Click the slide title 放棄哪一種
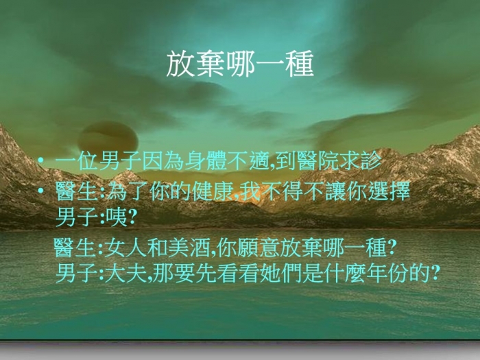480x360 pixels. tap(240, 64)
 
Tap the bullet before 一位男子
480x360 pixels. tap(40, 160)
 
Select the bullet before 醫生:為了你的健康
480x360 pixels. tap(40, 191)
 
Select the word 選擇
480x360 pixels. tap(389, 191)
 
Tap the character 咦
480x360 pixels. tap(117, 217)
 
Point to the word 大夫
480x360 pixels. tap(125, 273)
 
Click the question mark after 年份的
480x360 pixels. tap(435, 274)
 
